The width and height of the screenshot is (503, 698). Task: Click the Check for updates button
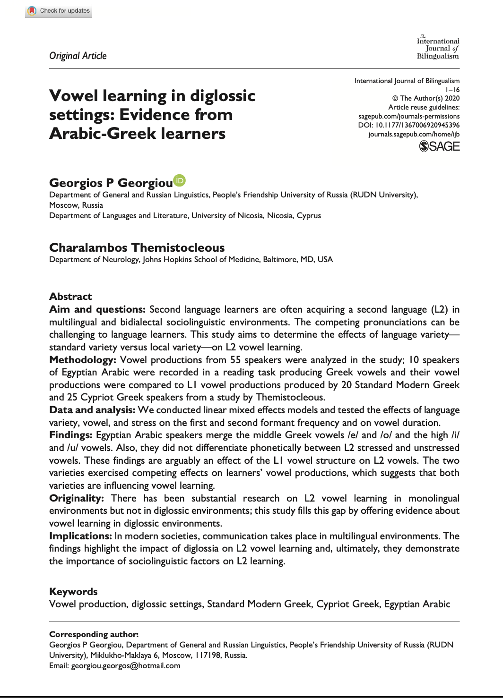point(59,10)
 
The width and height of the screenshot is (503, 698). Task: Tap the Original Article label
point(78,56)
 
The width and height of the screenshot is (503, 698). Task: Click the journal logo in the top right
point(438,48)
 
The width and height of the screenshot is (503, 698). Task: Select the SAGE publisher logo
point(440,146)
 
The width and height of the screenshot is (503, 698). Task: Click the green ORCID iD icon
point(180,180)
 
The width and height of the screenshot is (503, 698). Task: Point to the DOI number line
point(409,125)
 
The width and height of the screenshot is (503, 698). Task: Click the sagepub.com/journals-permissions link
point(409,116)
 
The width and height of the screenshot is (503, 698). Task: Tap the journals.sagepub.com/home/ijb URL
point(414,134)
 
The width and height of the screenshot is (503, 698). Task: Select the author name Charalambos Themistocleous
point(137,247)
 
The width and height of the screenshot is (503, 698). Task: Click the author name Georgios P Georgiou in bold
point(111,183)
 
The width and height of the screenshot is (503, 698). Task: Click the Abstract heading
point(70,297)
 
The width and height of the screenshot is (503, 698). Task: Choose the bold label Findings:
point(70,435)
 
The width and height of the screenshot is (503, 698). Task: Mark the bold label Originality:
point(77,498)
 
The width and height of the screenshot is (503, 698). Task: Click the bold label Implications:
point(80,536)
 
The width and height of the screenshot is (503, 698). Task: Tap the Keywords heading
point(73,592)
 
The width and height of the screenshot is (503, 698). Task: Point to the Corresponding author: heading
point(94,634)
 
